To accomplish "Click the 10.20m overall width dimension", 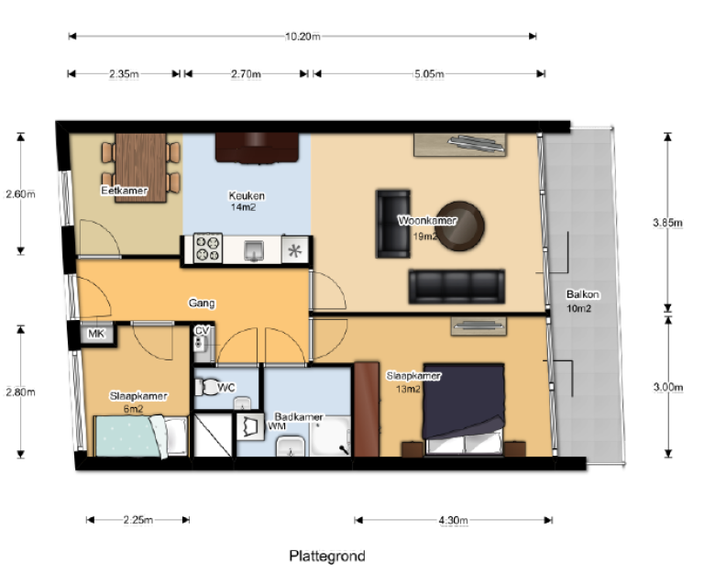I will tap(302, 37).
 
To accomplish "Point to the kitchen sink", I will tap(256, 248).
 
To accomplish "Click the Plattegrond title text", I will tap(327, 557).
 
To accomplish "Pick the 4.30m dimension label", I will tap(453, 520).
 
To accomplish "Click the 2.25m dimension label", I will tap(137, 520).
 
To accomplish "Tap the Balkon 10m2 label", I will tap(583, 301).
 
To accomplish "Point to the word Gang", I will tap(201, 302).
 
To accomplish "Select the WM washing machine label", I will tap(276, 426).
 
